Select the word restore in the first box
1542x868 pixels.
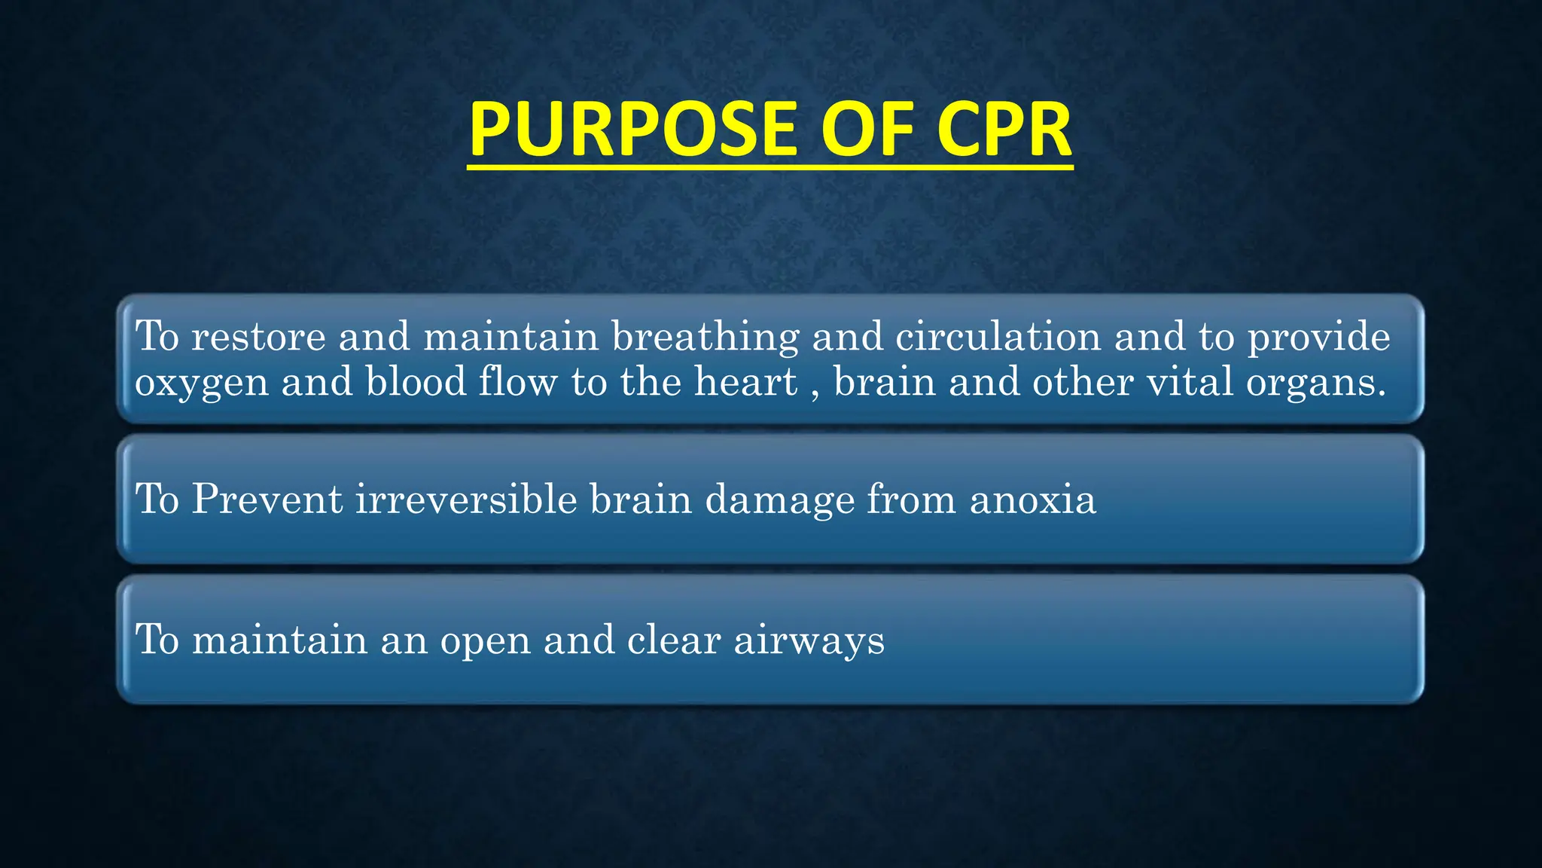(x=258, y=337)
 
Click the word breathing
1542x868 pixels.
(x=705, y=337)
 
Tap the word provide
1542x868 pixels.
(x=1318, y=337)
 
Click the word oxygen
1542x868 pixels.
(x=201, y=383)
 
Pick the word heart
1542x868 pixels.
(x=745, y=381)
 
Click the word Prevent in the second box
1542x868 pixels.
(x=267, y=499)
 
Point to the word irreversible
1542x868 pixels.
(x=465, y=499)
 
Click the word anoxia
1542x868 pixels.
(x=1032, y=500)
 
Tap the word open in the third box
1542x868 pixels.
(x=485, y=641)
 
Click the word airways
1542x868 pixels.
(x=809, y=641)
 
